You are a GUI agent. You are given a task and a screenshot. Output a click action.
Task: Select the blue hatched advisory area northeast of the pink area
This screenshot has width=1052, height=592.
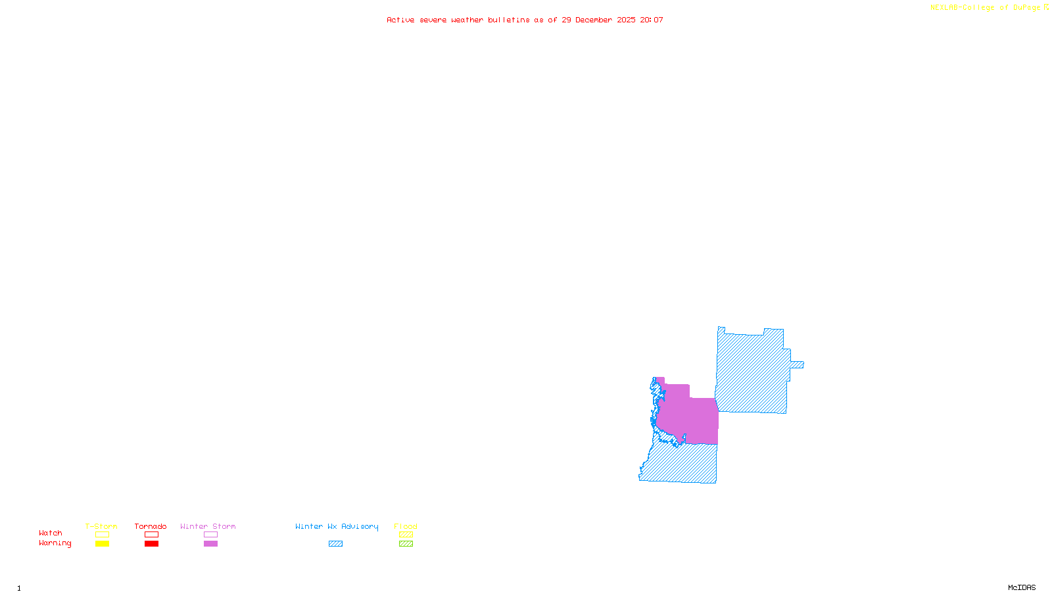pos(752,372)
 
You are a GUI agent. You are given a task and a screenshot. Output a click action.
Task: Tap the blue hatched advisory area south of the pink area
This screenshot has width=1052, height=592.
pos(684,464)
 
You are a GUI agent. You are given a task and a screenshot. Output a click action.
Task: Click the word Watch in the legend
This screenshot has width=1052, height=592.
pos(51,533)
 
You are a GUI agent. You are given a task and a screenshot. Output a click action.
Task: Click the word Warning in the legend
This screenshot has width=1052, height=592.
pos(55,543)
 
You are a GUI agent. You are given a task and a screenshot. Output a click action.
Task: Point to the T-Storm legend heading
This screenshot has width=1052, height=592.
pos(101,526)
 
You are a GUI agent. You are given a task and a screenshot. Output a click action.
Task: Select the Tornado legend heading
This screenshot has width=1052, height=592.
pos(151,526)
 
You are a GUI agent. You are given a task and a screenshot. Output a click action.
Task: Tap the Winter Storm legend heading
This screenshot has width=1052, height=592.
pos(208,526)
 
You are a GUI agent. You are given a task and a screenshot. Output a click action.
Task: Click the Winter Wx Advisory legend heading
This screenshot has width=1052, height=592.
pos(337,526)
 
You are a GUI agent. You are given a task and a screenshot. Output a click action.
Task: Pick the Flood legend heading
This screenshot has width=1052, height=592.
pos(406,526)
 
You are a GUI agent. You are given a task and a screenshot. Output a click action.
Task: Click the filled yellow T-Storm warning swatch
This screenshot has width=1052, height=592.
pos(102,544)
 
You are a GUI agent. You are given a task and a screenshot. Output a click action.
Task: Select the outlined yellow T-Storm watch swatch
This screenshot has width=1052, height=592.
pos(102,535)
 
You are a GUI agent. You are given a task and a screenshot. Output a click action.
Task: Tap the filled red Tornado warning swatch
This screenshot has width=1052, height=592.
pos(151,544)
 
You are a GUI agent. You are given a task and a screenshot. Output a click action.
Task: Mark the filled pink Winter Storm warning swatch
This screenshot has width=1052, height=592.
pos(210,544)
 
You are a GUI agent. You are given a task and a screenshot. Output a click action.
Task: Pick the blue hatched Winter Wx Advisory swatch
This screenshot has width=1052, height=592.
pos(335,544)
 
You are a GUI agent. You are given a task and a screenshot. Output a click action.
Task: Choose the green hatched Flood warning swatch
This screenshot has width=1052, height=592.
pos(406,544)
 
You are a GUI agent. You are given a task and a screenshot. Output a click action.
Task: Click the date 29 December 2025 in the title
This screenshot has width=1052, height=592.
pos(598,20)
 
